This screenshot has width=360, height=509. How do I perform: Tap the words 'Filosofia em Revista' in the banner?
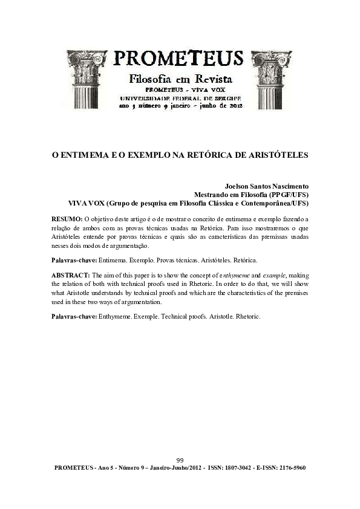[x=180, y=79]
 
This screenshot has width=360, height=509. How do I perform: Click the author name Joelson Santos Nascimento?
[x=267, y=187]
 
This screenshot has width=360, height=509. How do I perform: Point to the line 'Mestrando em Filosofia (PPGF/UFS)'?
[x=251, y=195]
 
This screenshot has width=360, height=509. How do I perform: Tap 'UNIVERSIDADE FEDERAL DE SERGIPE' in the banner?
[x=180, y=97]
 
